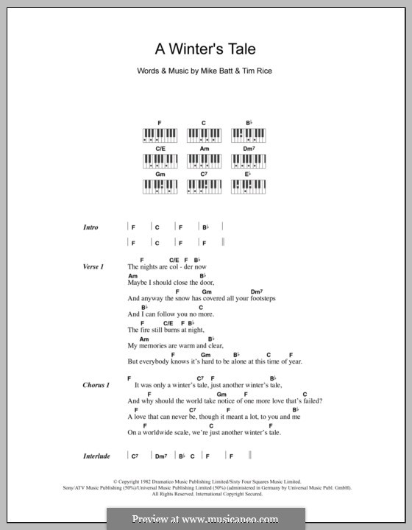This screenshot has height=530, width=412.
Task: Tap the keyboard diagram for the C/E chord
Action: (160, 160)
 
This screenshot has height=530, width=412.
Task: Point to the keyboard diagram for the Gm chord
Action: (160, 185)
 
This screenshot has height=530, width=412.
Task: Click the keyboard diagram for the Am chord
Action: (204, 160)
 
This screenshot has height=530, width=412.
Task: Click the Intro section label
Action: (91, 228)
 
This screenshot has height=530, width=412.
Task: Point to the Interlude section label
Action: (96, 456)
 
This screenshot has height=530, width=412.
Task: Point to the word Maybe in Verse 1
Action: (138, 282)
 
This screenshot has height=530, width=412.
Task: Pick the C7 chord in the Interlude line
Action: (135, 456)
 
